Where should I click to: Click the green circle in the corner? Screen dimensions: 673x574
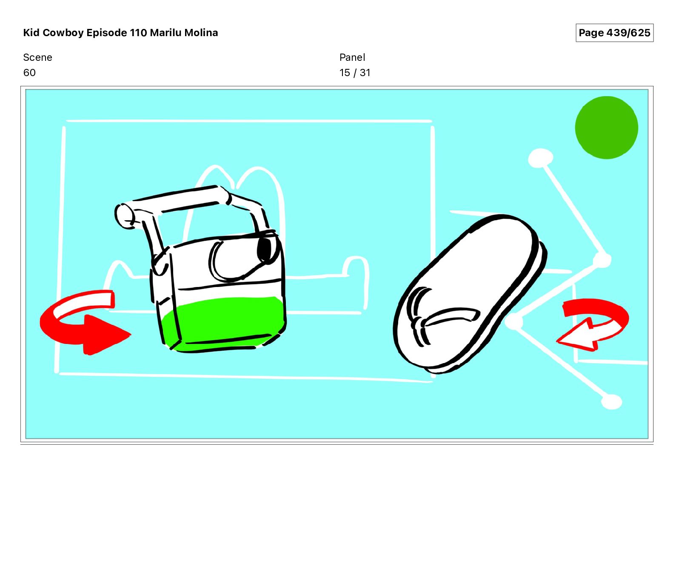pyautogui.click(x=606, y=128)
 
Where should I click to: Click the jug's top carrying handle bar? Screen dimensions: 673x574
pyautogui.click(x=179, y=200)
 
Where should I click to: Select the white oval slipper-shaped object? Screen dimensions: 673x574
pyautogui.click(x=470, y=293)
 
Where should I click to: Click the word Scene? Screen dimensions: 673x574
pyautogui.click(x=37, y=57)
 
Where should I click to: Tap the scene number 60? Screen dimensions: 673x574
pyautogui.click(x=29, y=73)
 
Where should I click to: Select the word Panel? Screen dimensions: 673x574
pyautogui.click(x=352, y=57)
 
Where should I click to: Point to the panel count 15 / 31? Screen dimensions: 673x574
pyautogui.click(x=355, y=73)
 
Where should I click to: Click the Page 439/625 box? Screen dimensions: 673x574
pyautogui.click(x=614, y=33)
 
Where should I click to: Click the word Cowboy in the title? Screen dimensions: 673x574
pyautogui.click(x=63, y=33)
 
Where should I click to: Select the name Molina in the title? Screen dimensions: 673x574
pyautogui.click(x=201, y=33)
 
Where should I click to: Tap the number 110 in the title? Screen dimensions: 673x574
pyautogui.click(x=138, y=33)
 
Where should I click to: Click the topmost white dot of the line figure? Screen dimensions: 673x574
pyautogui.click(x=540, y=159)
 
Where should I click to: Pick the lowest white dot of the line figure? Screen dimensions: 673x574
pyautogui.click(x=612, y=402)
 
